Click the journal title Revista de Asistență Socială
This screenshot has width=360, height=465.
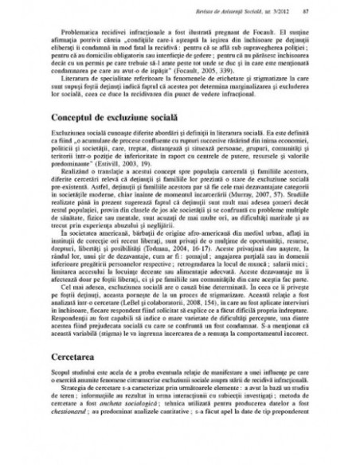click(x=230, y=10)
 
